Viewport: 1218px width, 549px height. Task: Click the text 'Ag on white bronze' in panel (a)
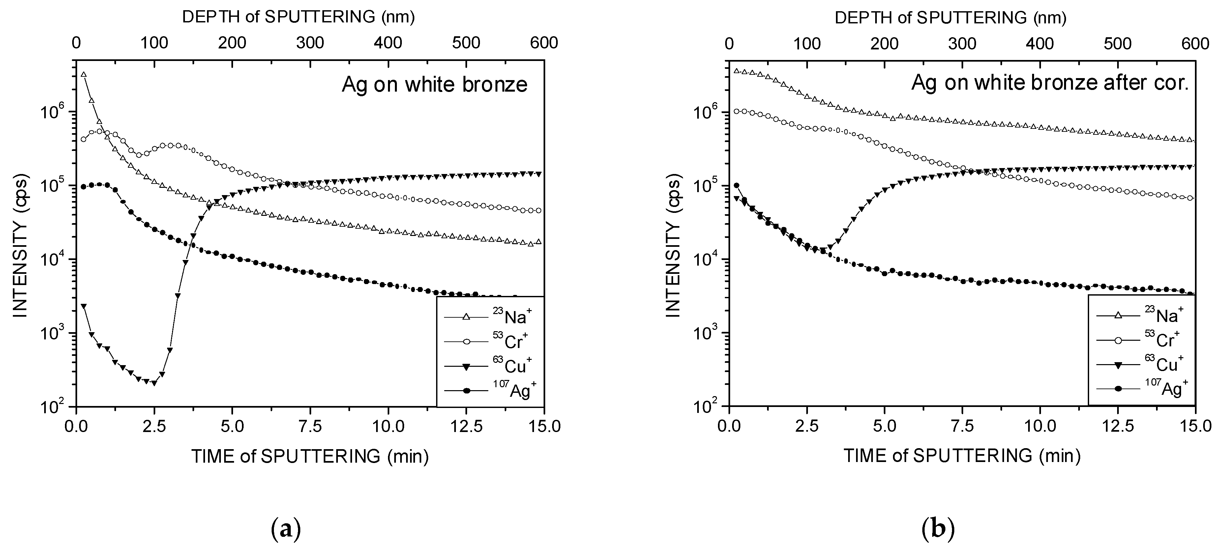point(434,85)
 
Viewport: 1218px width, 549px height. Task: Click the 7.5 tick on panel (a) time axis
point(310,426)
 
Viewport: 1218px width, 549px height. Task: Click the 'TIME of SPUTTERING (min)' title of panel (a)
point(310,457)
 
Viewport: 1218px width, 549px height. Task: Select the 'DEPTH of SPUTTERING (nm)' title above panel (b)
point(950,17)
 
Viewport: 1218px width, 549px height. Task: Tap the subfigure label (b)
point(938,529)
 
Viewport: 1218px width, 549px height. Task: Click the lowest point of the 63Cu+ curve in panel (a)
point(154,383)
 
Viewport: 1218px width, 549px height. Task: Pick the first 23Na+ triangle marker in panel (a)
point(84,74)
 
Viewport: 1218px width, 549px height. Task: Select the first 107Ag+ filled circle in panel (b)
point(736,186)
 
